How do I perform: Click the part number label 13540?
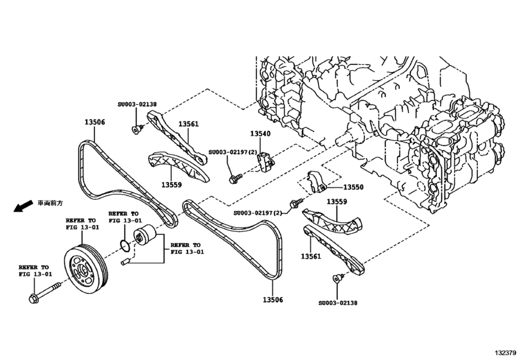(x=260, y=134)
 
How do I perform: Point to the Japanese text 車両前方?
(x=49, y=203)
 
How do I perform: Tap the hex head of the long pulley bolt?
(x=34, y=299)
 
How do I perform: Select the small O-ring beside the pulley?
(x=127, y=245)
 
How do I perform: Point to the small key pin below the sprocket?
(x=126, y=261)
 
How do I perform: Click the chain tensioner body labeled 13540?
(x=264, y=161)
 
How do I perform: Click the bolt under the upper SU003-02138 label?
(x=136, y=130)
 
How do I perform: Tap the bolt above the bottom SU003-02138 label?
(x=335, y=278)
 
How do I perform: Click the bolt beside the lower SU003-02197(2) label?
(x=296, y=204)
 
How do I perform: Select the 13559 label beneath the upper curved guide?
(x=172, y=185)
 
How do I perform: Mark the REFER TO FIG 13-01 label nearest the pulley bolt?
(x=33, y=271)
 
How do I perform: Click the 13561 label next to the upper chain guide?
(x=188, y=123)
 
